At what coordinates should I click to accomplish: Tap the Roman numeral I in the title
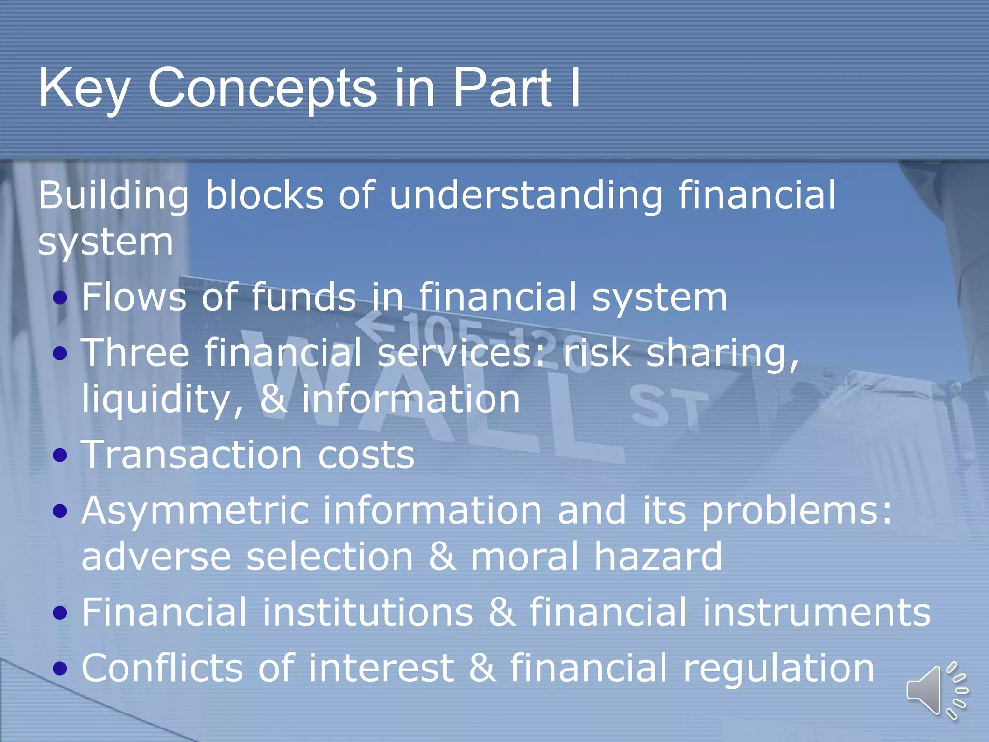click(575, 88)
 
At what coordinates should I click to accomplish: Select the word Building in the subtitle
click(113, 196)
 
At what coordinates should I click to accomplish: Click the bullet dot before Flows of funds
click(60, 298)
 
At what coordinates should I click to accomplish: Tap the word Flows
click(134, 297)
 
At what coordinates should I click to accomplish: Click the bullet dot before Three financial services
click(60, 354)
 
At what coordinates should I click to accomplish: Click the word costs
click(366, 456)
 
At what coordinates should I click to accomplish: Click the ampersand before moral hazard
click(442, 556)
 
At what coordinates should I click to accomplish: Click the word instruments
click(816, 612)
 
